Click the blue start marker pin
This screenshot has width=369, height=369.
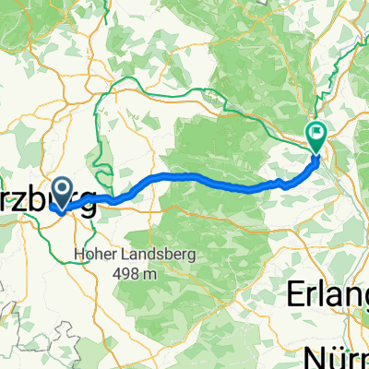64,193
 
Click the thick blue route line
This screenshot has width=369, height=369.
184,175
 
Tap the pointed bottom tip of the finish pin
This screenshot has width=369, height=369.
315,150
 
